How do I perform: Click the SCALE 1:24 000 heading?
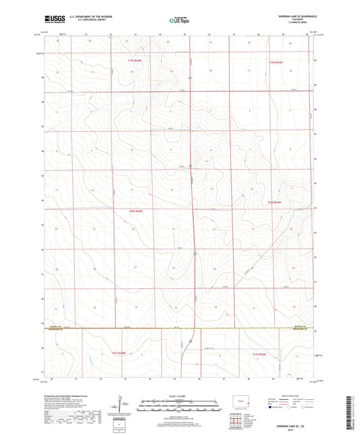pyautogui.click(x=180, y=396)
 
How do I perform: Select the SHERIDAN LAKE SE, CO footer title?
pyautogui.click(x=293, y=420)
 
